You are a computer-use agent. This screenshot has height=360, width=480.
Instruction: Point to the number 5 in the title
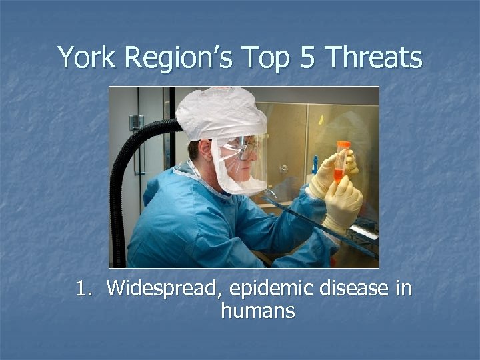[308, 57]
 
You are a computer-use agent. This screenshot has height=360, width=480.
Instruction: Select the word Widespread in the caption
[164, 289]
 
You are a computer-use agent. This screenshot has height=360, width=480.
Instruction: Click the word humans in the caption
[258, 311]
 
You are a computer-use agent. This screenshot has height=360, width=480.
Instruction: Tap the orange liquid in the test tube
[339, 175]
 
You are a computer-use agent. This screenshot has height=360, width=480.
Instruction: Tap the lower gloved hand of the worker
[341, 204]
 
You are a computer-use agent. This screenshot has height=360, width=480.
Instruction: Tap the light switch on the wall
[136, 123]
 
